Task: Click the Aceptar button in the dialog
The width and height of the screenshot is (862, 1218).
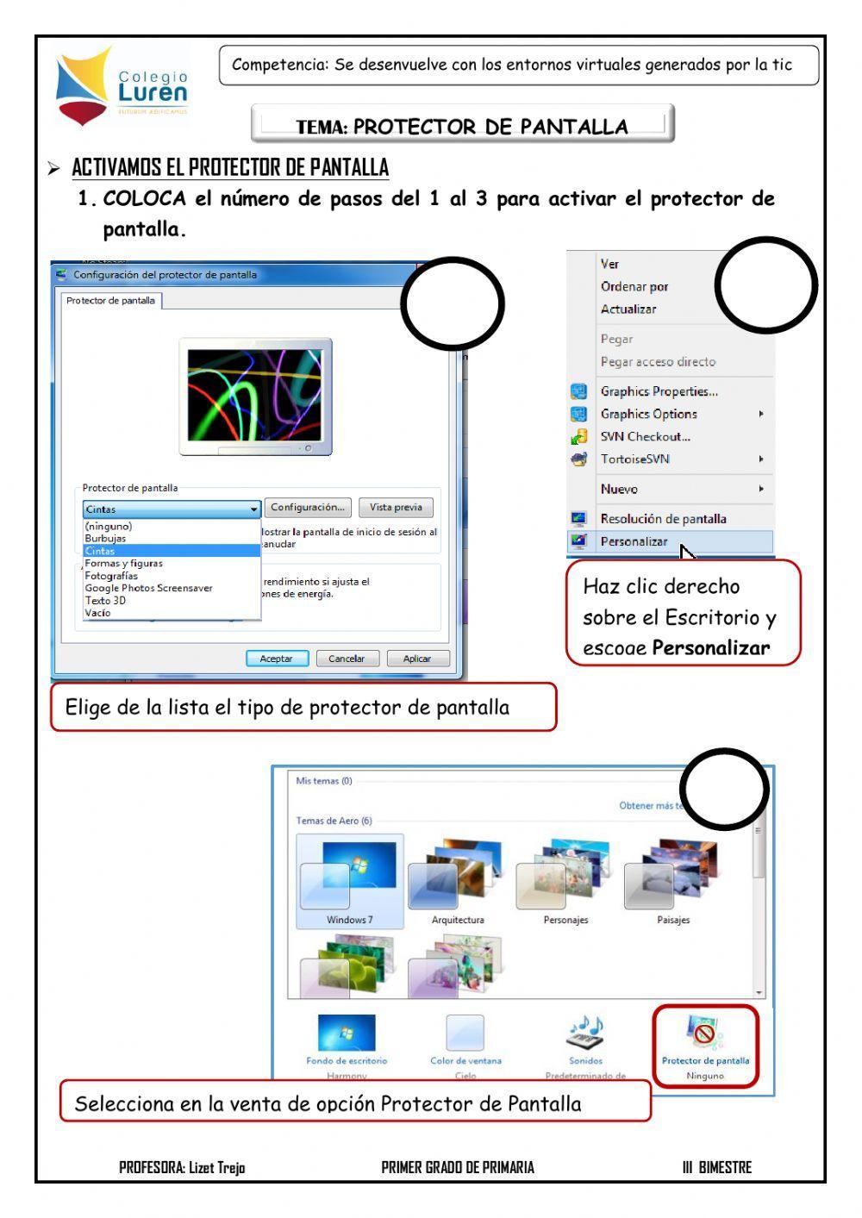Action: [276, 659]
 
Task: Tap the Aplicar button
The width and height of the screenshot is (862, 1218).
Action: [417, 659]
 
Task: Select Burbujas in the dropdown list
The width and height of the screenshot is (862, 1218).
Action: [105, 539]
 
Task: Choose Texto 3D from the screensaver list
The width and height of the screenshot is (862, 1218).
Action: [105, 601]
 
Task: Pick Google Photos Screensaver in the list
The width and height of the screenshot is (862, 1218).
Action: [148, 588]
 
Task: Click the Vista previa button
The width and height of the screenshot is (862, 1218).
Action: [396, 508]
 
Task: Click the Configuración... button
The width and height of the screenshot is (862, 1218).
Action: [308, 508]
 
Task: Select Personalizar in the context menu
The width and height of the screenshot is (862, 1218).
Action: [634, 542]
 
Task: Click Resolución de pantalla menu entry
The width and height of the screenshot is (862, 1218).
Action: [663, 519]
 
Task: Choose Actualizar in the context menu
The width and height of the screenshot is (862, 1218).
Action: [628, 309]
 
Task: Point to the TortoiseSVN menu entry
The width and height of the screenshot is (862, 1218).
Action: [634, 459]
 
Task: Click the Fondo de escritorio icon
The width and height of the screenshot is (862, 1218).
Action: [347, 1033]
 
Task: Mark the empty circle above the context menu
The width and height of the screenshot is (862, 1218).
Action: [765, 284]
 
